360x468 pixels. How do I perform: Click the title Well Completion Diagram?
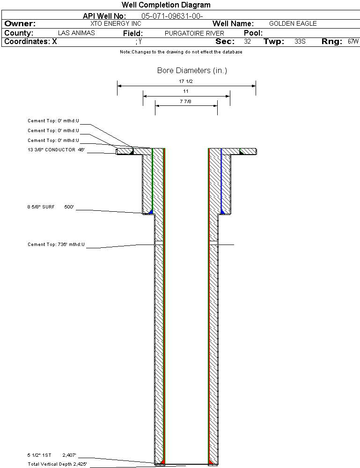[166, 5]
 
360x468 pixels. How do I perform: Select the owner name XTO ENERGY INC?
[115, 23]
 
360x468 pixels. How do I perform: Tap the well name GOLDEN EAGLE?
[293, 23]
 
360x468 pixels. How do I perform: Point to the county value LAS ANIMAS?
[76, 33]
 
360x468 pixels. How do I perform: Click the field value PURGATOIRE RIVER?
[194, 33]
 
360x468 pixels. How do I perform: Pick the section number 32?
[247, 42]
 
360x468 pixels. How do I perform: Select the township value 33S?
[300, 42]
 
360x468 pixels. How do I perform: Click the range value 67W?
[353, 42]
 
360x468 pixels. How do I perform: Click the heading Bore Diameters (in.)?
[192, 71]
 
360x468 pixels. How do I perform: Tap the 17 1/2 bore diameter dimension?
[186, 82]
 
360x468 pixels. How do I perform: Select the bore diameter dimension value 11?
[186, 91]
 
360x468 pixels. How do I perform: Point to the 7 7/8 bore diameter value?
[186, 101]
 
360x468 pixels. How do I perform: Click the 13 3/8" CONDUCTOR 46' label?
[56, 150]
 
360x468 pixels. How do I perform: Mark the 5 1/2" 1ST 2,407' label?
[51, 455]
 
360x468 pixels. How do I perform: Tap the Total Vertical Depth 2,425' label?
[57, 464]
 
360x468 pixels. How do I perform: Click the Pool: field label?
[253, 33]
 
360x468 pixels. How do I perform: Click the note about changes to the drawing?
[181, 52]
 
